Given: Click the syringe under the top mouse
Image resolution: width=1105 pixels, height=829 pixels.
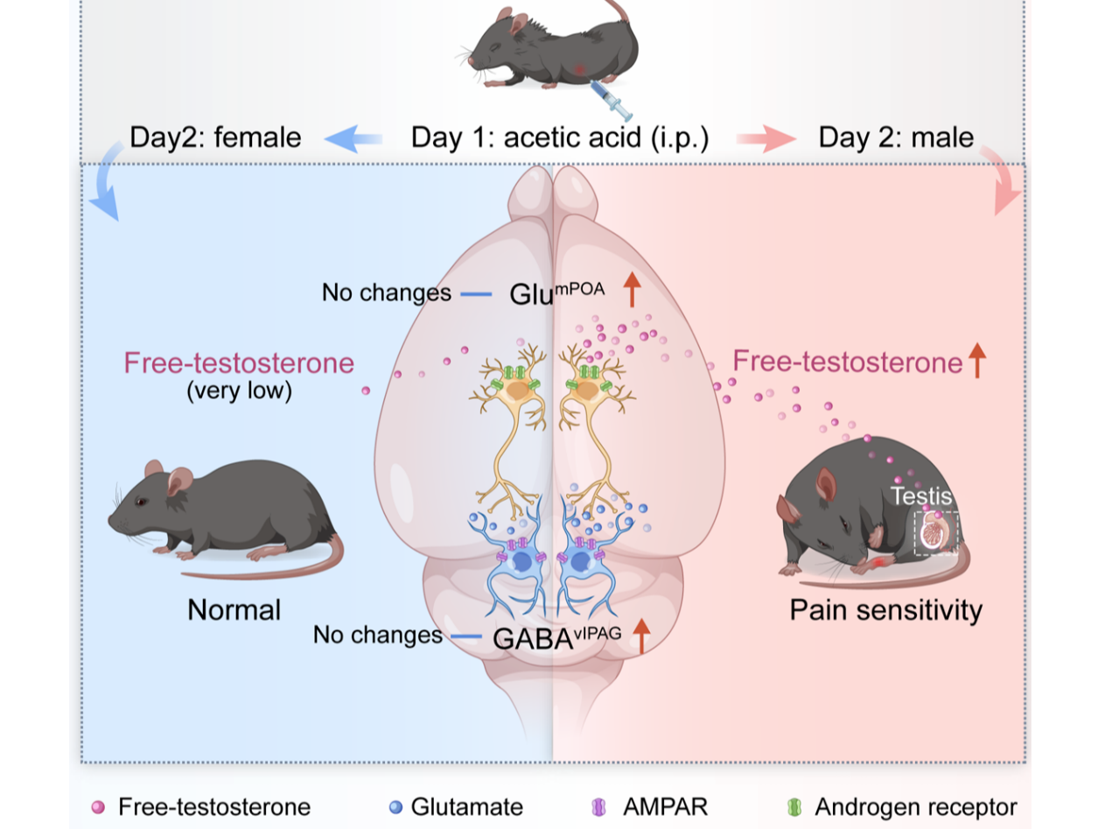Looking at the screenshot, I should coord(612,100).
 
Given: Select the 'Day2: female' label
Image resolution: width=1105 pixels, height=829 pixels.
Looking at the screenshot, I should coord(215,137).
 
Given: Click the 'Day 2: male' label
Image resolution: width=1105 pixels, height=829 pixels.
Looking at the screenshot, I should coord(896,137).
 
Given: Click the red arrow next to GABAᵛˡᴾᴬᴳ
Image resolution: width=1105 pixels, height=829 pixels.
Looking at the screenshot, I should coord(642,636).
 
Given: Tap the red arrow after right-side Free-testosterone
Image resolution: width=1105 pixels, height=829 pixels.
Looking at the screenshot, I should coord(977,361).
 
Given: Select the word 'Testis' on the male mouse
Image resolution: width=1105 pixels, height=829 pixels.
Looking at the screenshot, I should coord(920,496).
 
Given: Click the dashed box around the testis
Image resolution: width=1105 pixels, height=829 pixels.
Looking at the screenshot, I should coord(937,533).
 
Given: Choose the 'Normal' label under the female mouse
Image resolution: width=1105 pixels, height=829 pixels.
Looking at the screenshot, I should coord(234,609).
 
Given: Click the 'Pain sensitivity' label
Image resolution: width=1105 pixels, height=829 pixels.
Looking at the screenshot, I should coord(885,609).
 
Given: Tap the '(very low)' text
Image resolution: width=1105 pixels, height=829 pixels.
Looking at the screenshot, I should coord(239,390).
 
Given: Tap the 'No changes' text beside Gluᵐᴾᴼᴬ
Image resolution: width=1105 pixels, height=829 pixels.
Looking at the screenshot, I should coord(386,292).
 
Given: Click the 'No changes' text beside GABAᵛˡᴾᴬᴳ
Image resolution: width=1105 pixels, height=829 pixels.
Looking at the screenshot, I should coord(378,634).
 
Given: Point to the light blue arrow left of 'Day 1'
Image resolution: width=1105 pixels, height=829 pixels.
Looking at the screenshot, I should coord(353,138).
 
